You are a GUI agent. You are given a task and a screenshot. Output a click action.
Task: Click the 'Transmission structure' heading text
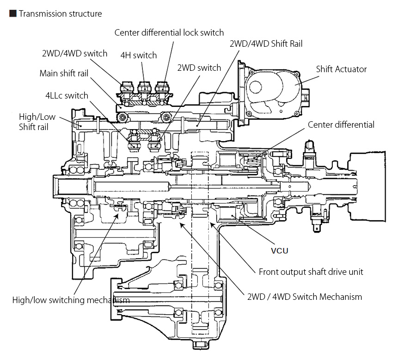(x=60, y=14)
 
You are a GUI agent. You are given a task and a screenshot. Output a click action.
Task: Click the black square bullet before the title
(x=13, y=13)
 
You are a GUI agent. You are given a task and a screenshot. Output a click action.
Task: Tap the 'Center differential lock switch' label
(x=169, y=33)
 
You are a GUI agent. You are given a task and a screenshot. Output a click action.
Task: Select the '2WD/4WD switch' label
(x=74, y=53)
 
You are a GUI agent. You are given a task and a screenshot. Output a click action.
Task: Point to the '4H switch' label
(x=139, y=55)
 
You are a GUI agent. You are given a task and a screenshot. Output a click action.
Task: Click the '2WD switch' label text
(x=199, y=68)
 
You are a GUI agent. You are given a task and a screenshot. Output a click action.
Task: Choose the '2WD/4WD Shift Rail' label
(x=266, y=43)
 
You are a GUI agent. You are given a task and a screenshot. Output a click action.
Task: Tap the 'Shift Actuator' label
(x=341, y=69)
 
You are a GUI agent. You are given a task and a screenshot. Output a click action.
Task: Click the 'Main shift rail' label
(x=64, y=73)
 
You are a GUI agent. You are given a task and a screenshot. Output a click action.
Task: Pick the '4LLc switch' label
(x=67, y=95)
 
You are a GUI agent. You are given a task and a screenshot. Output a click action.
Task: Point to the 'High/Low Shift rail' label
(x=37, y=122)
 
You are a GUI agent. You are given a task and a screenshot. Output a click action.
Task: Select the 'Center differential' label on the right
(x=341, y=124)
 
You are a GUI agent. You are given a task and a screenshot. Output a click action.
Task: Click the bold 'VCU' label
(x=279, y=251)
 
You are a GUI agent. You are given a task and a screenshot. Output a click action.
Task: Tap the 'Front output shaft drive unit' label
(x=311, y=272)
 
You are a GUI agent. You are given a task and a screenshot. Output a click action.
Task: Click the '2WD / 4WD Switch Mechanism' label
(x=305, y=297)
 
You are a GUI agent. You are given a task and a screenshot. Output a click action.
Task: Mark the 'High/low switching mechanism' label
(x=71, y=300)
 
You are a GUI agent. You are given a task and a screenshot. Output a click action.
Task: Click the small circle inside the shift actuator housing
(x=255, y=87)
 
